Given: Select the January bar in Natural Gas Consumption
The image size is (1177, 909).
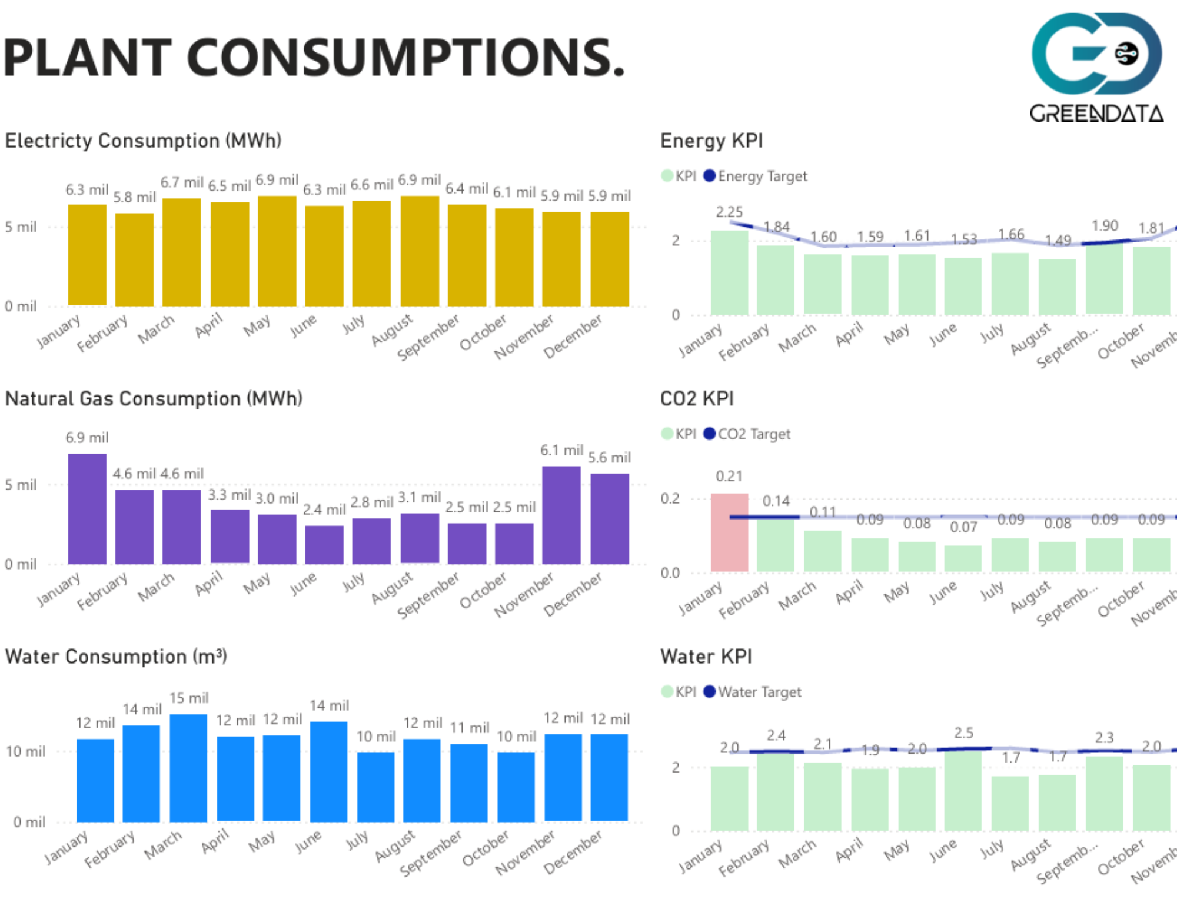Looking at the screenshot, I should (87, 508).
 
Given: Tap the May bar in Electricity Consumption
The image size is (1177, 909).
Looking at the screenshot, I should (277, 251).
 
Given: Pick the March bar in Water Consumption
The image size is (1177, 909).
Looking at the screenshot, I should (188, 767).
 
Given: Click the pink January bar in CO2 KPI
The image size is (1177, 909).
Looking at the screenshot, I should (729, 532).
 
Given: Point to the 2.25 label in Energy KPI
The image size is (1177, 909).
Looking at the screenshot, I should (729, 212).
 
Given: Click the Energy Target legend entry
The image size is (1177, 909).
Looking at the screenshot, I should (756, 176).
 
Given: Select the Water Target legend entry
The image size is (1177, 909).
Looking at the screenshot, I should (753, 692).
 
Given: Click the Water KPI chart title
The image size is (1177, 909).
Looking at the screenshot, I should (706, 656).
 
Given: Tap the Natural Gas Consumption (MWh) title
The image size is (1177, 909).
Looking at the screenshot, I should (154, 398).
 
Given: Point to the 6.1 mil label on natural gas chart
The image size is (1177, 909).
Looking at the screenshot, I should (561, 450).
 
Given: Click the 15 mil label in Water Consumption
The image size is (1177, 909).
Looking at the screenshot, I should (189, 698).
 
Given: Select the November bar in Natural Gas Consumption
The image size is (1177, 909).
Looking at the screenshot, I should (561, 515).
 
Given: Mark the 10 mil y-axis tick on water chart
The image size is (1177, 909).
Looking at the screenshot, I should (25, 751).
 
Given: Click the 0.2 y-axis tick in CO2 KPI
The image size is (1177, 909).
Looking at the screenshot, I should (670, 498).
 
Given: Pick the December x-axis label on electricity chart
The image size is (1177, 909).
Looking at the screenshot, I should (573, 336).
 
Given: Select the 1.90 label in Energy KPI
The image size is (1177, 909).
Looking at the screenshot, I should (1105, 226).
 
